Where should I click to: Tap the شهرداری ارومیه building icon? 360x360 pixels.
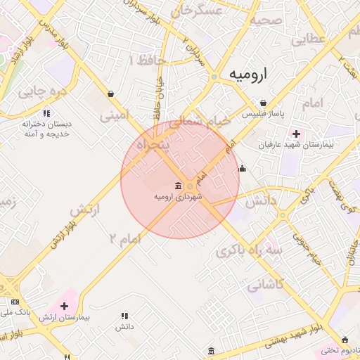(x=176, y=186)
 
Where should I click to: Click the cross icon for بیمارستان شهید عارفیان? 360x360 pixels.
(x=296, y=134)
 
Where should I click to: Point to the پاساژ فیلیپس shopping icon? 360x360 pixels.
(x=263, y=103)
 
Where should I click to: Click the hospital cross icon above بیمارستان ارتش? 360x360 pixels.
(x=65, y=306)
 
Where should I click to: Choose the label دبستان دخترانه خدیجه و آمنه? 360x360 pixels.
(x=47, y=128)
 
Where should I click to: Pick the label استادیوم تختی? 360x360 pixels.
(x=339, y=349)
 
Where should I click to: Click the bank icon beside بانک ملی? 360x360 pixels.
(x=15, y=301)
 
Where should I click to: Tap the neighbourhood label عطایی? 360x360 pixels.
(x=308, y=39)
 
